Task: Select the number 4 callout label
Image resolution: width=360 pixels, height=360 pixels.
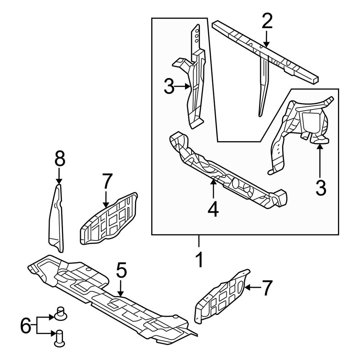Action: (x=213, y=210)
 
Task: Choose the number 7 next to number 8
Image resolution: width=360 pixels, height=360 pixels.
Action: (x=107, y=181)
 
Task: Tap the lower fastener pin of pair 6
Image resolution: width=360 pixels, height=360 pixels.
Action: (x=59, y=339)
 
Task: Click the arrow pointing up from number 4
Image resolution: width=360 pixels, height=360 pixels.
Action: (x=213, y=189)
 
